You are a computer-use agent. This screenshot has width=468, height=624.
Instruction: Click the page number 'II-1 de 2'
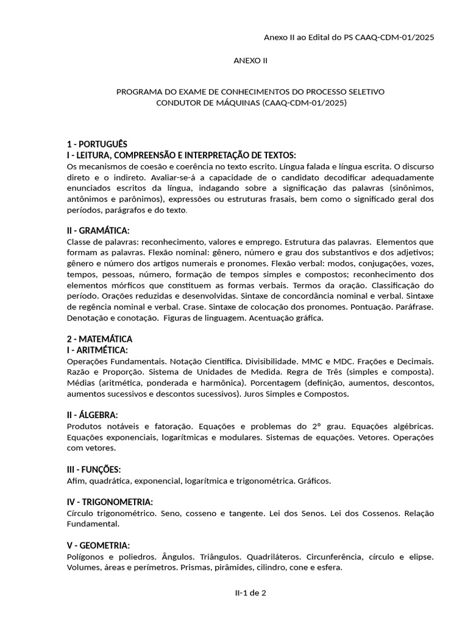pyautogui.click(x=250, y=592)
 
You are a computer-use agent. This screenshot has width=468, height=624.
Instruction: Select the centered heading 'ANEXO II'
pyautogui.click(x=250, y=60)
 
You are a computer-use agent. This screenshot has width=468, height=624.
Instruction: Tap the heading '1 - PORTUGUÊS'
pyautogui.click(x=97, y=144)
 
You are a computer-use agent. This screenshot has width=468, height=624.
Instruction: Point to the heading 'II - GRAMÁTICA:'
pyautogui.click(x=98, y=230)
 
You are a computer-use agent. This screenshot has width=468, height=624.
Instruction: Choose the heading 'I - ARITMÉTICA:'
pyautogui.click(x=97, y=350)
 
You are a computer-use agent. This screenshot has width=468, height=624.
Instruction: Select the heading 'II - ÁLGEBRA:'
pyautogui.click(x=92, y=415)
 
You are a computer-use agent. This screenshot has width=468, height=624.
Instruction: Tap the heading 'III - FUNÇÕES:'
pyautogui.click(x=94, y=469)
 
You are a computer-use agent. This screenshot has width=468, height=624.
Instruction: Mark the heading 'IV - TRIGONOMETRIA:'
pyautogui.click(x=110, y=502)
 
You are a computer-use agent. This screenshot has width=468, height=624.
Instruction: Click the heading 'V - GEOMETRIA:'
pyautogui.click(x=98, y=545)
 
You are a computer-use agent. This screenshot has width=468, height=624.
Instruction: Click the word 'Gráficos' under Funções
pyautogui.click(x=314, y=481)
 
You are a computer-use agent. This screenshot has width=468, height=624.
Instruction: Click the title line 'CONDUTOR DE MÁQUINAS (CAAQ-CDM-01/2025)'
pyautogui.click(x=250, y=103)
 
